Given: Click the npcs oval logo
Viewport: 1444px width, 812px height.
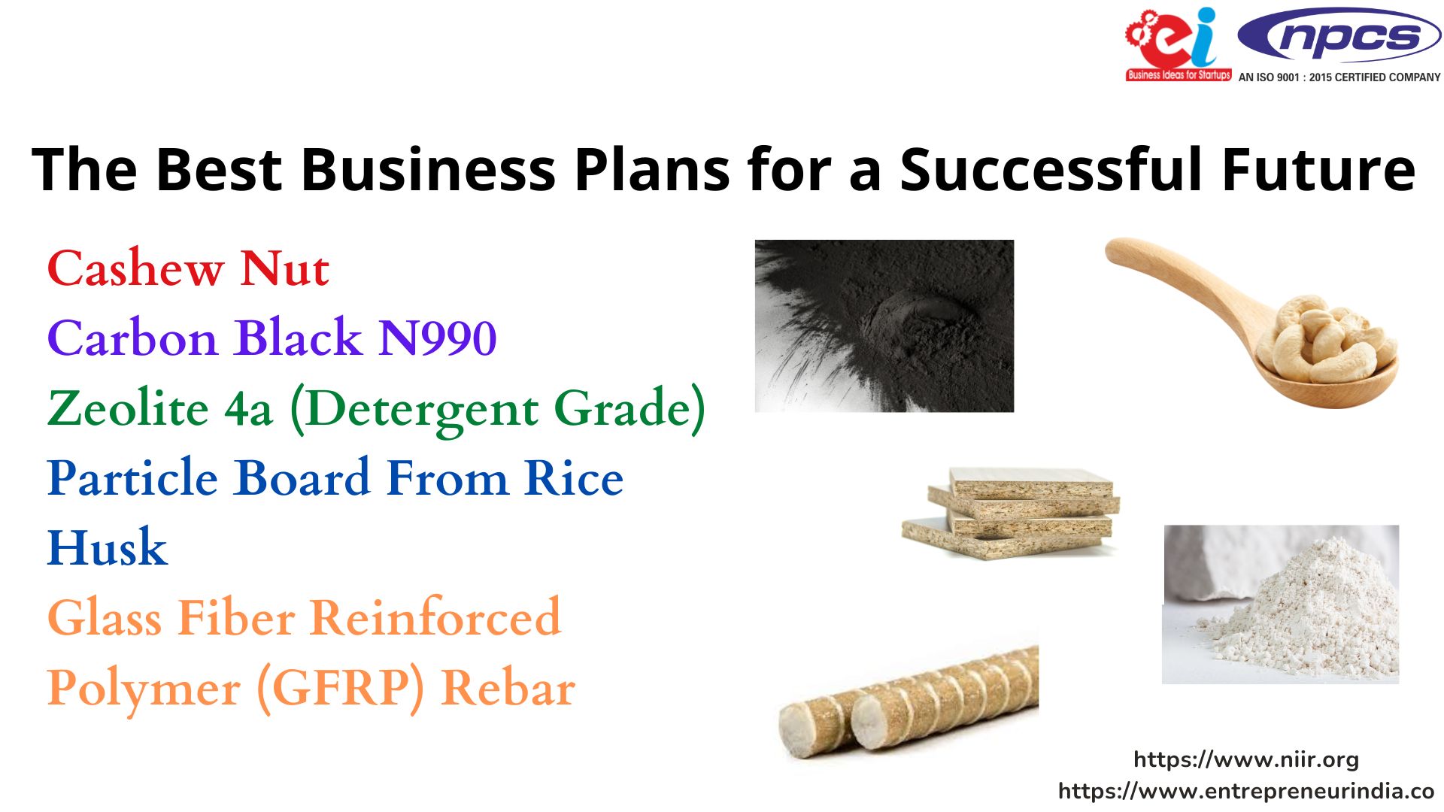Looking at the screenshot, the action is point(1339,36).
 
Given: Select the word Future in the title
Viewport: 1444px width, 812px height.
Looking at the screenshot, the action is point(1318,169).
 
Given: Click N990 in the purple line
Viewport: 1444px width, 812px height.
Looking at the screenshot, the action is point(437,338).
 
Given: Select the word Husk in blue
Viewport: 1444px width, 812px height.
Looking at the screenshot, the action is point(108,547).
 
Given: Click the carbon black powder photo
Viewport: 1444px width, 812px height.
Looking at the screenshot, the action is point(884,326).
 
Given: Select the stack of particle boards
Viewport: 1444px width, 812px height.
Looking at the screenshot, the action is point(1012,513).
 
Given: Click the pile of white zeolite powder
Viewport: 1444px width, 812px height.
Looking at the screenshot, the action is point(1301,605).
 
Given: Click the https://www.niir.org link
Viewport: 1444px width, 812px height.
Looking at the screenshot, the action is point(1246,759).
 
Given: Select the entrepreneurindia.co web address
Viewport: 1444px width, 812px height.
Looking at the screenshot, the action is point(1246,791).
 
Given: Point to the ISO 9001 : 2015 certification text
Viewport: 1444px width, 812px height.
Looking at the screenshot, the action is point(1339,77).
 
